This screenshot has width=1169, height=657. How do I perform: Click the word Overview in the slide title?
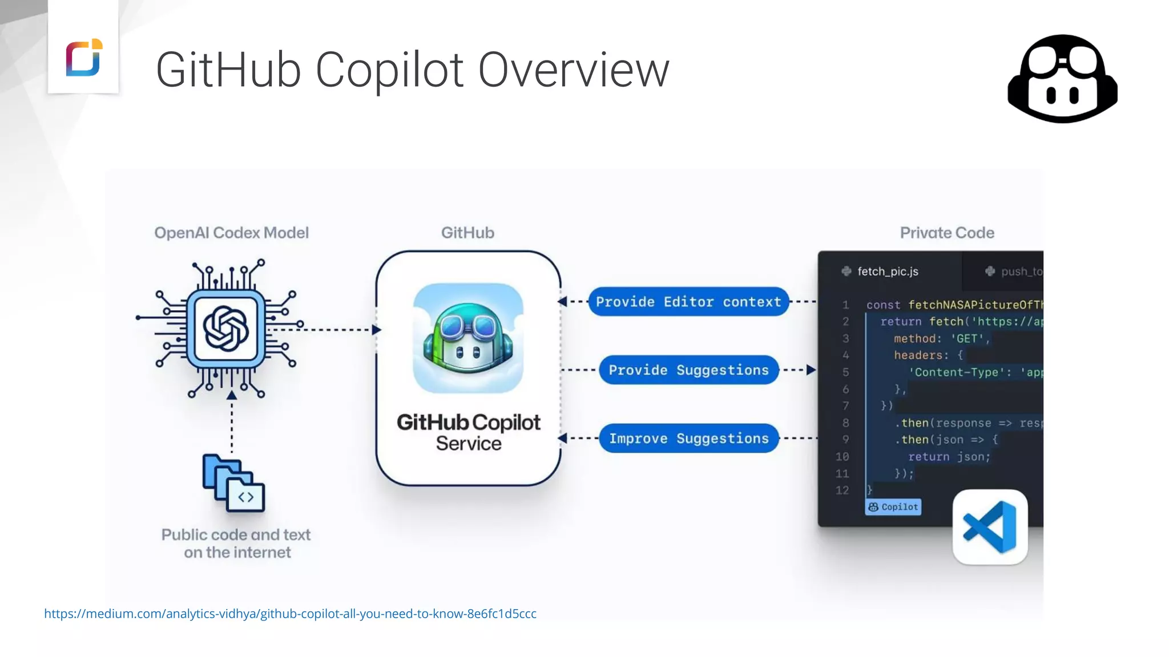573,70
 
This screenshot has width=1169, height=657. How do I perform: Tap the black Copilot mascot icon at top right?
1062,79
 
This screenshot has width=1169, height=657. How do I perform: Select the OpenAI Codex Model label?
231,233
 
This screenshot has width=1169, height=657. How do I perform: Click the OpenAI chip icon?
226,329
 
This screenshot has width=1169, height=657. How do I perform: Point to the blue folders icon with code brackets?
233,483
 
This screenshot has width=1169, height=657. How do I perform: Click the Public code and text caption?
236,543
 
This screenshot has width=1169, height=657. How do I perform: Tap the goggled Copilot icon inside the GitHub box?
468,338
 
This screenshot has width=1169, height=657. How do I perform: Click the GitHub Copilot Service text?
468,432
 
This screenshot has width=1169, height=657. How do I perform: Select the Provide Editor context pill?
688,302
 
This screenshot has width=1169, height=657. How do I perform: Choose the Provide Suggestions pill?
688,370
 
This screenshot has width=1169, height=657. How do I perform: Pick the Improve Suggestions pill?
688,439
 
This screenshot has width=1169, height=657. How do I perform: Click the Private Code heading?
947,233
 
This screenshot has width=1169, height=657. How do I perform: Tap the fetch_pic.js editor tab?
887,271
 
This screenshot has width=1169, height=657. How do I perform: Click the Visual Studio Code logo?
990,527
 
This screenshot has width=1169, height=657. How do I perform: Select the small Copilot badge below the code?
893,507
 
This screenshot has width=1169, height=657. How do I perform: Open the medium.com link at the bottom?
290,614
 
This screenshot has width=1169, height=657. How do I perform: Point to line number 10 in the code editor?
842,457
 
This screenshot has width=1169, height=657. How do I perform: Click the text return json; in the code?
949,457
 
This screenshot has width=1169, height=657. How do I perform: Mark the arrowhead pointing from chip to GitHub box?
376,330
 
